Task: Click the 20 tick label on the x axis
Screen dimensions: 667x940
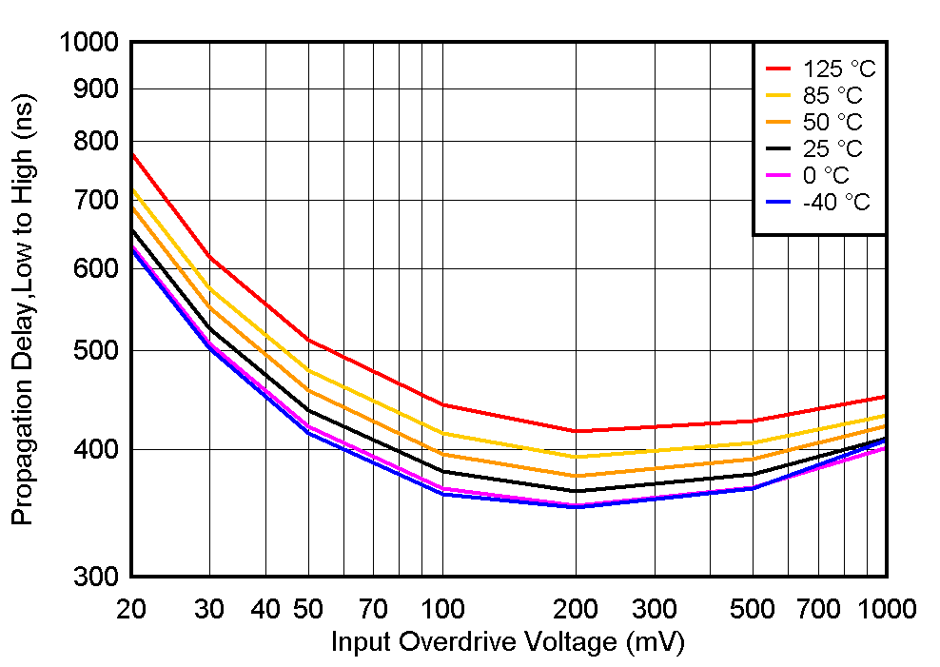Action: pos(129,608)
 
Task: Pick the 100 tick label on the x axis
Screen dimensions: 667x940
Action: pos(442,608)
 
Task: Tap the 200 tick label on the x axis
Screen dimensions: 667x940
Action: pos(575,608)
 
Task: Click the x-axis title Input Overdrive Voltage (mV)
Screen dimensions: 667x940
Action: pos(507,642)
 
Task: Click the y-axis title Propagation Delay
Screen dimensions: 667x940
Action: pos(23,309)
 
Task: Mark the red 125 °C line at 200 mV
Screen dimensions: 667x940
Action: pos(575,431)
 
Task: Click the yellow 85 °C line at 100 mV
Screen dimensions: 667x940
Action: pos(442,433)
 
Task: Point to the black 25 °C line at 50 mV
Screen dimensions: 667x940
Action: pos(308,410)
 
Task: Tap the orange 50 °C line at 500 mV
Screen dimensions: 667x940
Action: pos(753,459)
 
